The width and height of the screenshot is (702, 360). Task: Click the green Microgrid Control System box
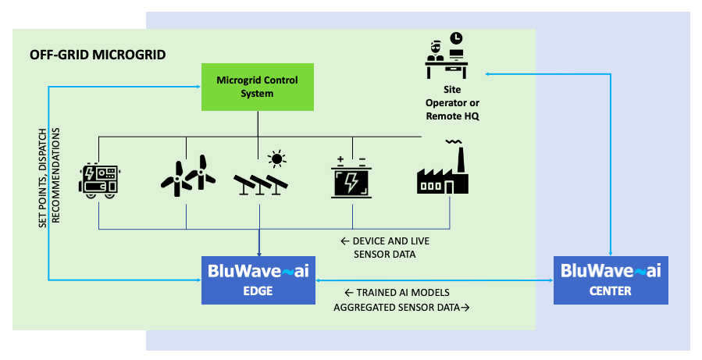[257, 87]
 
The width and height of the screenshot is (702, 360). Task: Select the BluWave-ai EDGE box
[258, 280]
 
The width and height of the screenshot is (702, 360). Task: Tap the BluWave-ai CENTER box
[611, 280]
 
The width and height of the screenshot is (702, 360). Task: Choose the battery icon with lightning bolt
[351, 179]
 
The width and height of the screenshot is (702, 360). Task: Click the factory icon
[443, 173]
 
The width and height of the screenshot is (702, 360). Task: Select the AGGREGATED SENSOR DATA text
[401, 308]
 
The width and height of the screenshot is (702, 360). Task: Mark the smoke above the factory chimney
[453, 141]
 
